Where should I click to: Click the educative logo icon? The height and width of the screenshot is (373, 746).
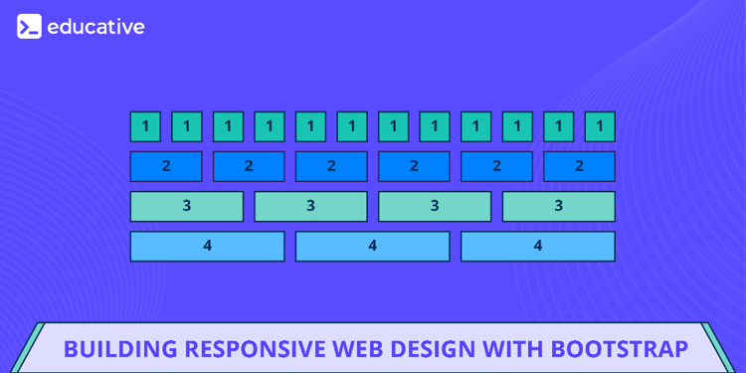(29, 27)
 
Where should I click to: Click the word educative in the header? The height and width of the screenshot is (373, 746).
(95, 27)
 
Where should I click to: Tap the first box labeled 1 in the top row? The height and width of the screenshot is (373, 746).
(145, 126)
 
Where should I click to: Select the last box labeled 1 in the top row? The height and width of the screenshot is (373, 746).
(600, 126)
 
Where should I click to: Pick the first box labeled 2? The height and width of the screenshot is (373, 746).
(166, 166)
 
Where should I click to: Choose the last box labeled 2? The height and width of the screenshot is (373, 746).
(579, 166)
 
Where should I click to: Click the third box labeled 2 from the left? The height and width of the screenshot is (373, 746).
(331, 166)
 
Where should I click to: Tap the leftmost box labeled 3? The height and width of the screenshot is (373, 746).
(187, 206)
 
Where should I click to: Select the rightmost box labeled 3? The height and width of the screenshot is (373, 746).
(558, 206)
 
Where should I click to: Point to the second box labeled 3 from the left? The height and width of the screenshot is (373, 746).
(310, 206)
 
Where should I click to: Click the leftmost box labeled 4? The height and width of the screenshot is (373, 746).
(207, 246)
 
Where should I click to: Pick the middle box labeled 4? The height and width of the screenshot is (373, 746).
(373, 246)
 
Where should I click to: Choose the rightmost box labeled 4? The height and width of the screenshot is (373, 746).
(538, 246)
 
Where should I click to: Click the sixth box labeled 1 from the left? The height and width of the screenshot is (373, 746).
(352, 126)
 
